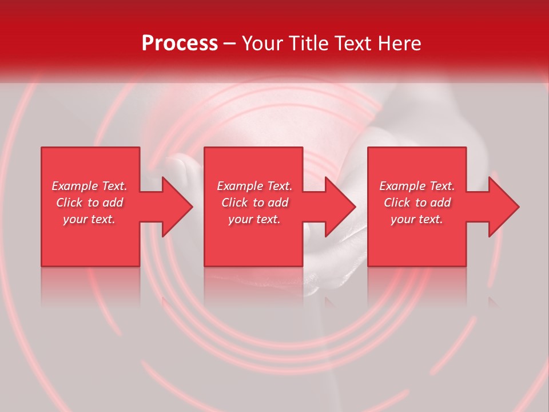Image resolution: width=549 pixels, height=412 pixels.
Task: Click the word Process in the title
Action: [180, 43]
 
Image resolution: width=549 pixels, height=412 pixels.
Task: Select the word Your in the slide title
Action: [263, 43]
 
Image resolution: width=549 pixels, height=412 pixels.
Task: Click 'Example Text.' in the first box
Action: [89, 186]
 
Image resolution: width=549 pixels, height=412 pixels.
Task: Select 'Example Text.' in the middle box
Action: [254, 186]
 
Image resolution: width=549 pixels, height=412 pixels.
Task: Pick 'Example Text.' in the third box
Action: [417, 186]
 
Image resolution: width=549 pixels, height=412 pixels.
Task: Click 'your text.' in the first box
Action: [89, 219]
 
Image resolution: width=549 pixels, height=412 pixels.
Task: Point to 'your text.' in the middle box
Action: [254, 219]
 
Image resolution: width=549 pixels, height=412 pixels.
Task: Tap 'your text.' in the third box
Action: [417, 219]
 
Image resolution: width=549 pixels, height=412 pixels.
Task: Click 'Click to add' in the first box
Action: [89, 203]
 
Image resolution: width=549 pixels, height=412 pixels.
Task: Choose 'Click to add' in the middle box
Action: [254, 203]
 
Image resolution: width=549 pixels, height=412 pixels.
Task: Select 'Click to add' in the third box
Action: [417, 203]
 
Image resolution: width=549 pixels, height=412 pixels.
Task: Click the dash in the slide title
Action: [230, 44]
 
